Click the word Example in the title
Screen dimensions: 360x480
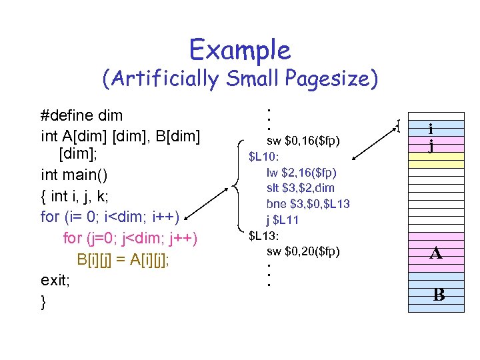(x=239, y=50)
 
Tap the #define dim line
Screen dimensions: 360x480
(x=82, y=116)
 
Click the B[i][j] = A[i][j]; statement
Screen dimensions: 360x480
(x=123, y=259)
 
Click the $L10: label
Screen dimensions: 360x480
(x=265, y=157)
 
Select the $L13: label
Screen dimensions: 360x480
(x=265, y=235)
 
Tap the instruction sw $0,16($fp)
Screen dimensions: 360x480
(x=303, y=141)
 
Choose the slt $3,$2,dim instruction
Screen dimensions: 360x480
(x=301, y=188)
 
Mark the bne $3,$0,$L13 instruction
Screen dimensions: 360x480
(x=308, y=203)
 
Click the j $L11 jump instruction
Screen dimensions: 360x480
(x=283, y=219)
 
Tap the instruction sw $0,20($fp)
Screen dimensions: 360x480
(x=303, y=251)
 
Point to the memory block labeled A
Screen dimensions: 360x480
(x=435, y=253)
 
